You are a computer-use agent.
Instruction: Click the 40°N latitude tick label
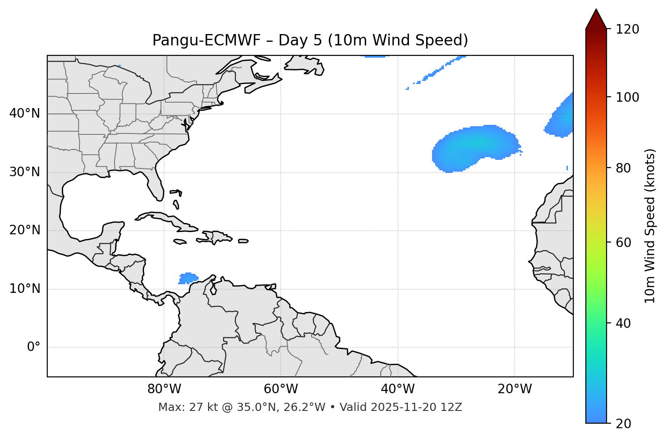pyautogui.click(x=25, y=114)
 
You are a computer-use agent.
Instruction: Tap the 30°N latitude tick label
pyautogui.click(x=25, y=172)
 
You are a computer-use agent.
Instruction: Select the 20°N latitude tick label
pyautogui.click(x=25, y=230)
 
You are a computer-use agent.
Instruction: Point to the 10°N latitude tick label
pyautogui.click(x=25, y=289)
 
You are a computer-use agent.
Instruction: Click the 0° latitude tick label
pyautogui.click(x=34, y=347)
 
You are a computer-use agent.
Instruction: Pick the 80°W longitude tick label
pyautogui.click(x=164, y=389)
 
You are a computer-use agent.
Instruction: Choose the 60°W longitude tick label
pyautogui.click(x=281, y=389)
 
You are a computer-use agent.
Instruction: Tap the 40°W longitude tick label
pyautogui.click(x=398, y=389)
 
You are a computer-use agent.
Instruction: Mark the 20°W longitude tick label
pyautogui.click(x=515, y=389)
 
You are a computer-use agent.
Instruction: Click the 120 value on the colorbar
pyautogui.click(x=627, y=30)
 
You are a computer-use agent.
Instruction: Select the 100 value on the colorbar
pyautogui.click(x=627, y=97)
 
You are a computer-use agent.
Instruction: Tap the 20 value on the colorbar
pyautogui.click(x=624, y=424)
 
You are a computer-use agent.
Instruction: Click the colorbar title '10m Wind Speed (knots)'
pyautogui.click(x=650, y=226)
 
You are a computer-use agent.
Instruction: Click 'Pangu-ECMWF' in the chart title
pyautogui.click(x=206, y=40)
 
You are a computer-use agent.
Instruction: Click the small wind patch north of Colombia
pyautogui.click(x=189, y=278)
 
